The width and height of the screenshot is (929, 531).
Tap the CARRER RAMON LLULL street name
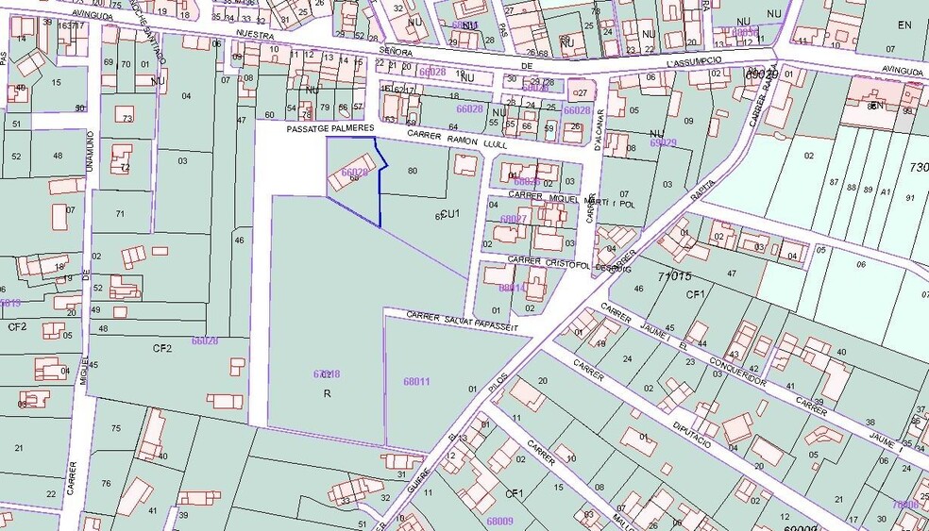coord(457,140)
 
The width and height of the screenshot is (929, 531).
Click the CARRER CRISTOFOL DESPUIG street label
coord(557,262)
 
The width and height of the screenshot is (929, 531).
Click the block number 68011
coord(416,382)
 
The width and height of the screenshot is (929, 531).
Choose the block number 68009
coord(499,520)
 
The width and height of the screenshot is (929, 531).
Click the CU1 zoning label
coord(450,213)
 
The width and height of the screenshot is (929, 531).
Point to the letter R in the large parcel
coord(327,392)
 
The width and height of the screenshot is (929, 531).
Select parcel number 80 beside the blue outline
coord(412,171)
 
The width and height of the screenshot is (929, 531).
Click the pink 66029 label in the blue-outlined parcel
coord(355,173)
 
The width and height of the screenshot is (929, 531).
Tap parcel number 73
coord(127,118)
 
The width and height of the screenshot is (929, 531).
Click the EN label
coord(905,25)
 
